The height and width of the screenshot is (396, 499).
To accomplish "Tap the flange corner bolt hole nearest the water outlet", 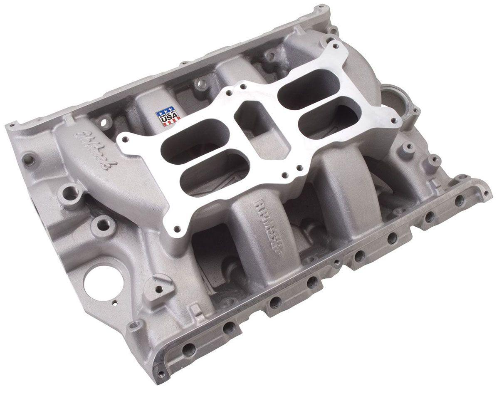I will click(390, 118).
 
